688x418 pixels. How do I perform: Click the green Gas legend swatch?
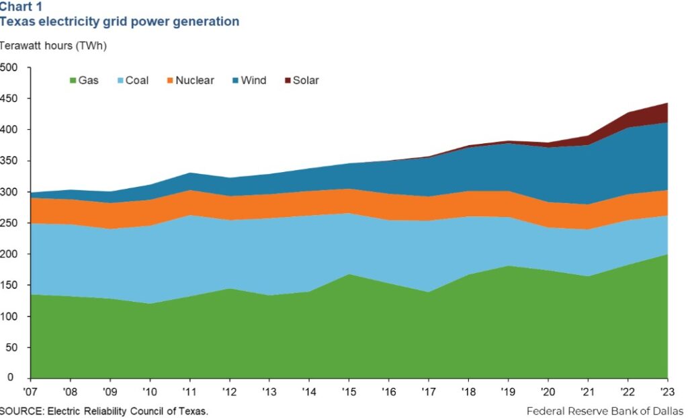click(73, 81)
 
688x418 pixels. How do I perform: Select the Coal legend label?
click(137, 81)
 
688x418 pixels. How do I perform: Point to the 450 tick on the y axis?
click(11, 99)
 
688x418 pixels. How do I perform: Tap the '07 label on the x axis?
click(31, 390)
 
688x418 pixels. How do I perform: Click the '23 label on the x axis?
click(667, 390)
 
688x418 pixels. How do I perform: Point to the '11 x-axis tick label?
click(190, 390)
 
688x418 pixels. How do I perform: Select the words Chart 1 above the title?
click(20, 7)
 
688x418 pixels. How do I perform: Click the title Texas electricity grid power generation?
click(119, 22)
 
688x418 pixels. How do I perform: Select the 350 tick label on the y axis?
click(11, 161)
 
